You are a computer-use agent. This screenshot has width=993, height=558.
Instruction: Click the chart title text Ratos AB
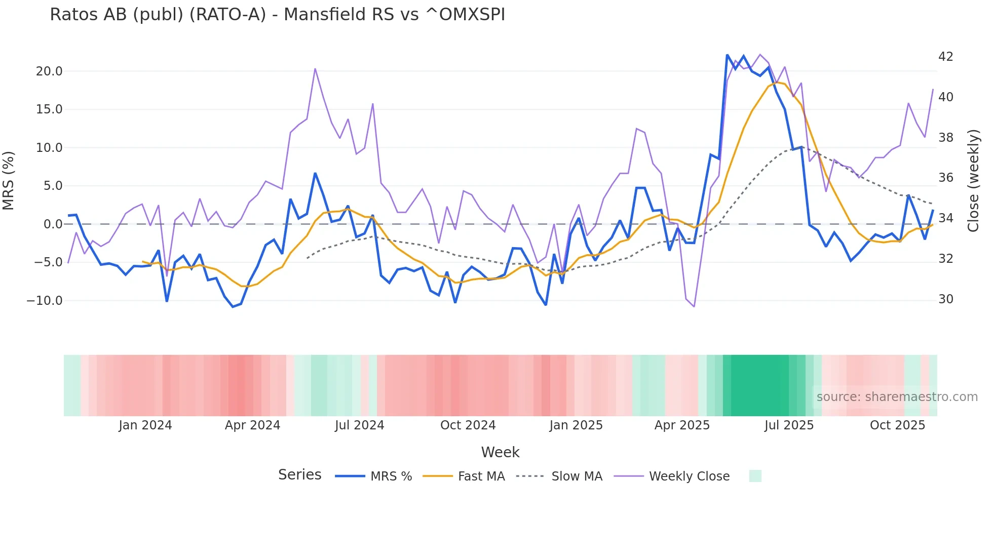[277, 15]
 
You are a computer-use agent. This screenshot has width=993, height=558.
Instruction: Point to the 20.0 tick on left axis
[49, 71]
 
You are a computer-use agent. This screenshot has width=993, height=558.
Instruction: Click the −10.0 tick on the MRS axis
[45, 301]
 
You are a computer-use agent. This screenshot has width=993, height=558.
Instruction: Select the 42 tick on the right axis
[945, 56]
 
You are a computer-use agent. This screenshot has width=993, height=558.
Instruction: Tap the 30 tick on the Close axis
[945, 299]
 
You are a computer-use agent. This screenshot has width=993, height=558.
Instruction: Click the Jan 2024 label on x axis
[145, 425]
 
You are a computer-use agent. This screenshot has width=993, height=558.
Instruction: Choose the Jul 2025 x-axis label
[789, 425]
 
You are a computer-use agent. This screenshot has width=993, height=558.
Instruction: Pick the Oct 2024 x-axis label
[468, 425]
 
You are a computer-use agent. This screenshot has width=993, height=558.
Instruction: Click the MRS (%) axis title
[9, 181]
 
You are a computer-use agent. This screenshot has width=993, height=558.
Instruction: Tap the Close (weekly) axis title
[973, 181]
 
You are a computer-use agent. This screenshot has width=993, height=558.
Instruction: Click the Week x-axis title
[500, 452]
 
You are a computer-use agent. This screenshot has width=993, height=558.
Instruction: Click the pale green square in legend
[755, 476]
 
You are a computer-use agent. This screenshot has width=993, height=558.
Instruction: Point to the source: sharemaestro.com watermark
[897, 397]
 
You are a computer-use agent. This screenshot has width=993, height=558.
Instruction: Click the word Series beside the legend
[299, 475]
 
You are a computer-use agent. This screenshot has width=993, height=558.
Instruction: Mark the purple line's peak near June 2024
[315, 69]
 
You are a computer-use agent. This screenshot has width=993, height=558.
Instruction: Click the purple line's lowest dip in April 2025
[694, 306]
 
